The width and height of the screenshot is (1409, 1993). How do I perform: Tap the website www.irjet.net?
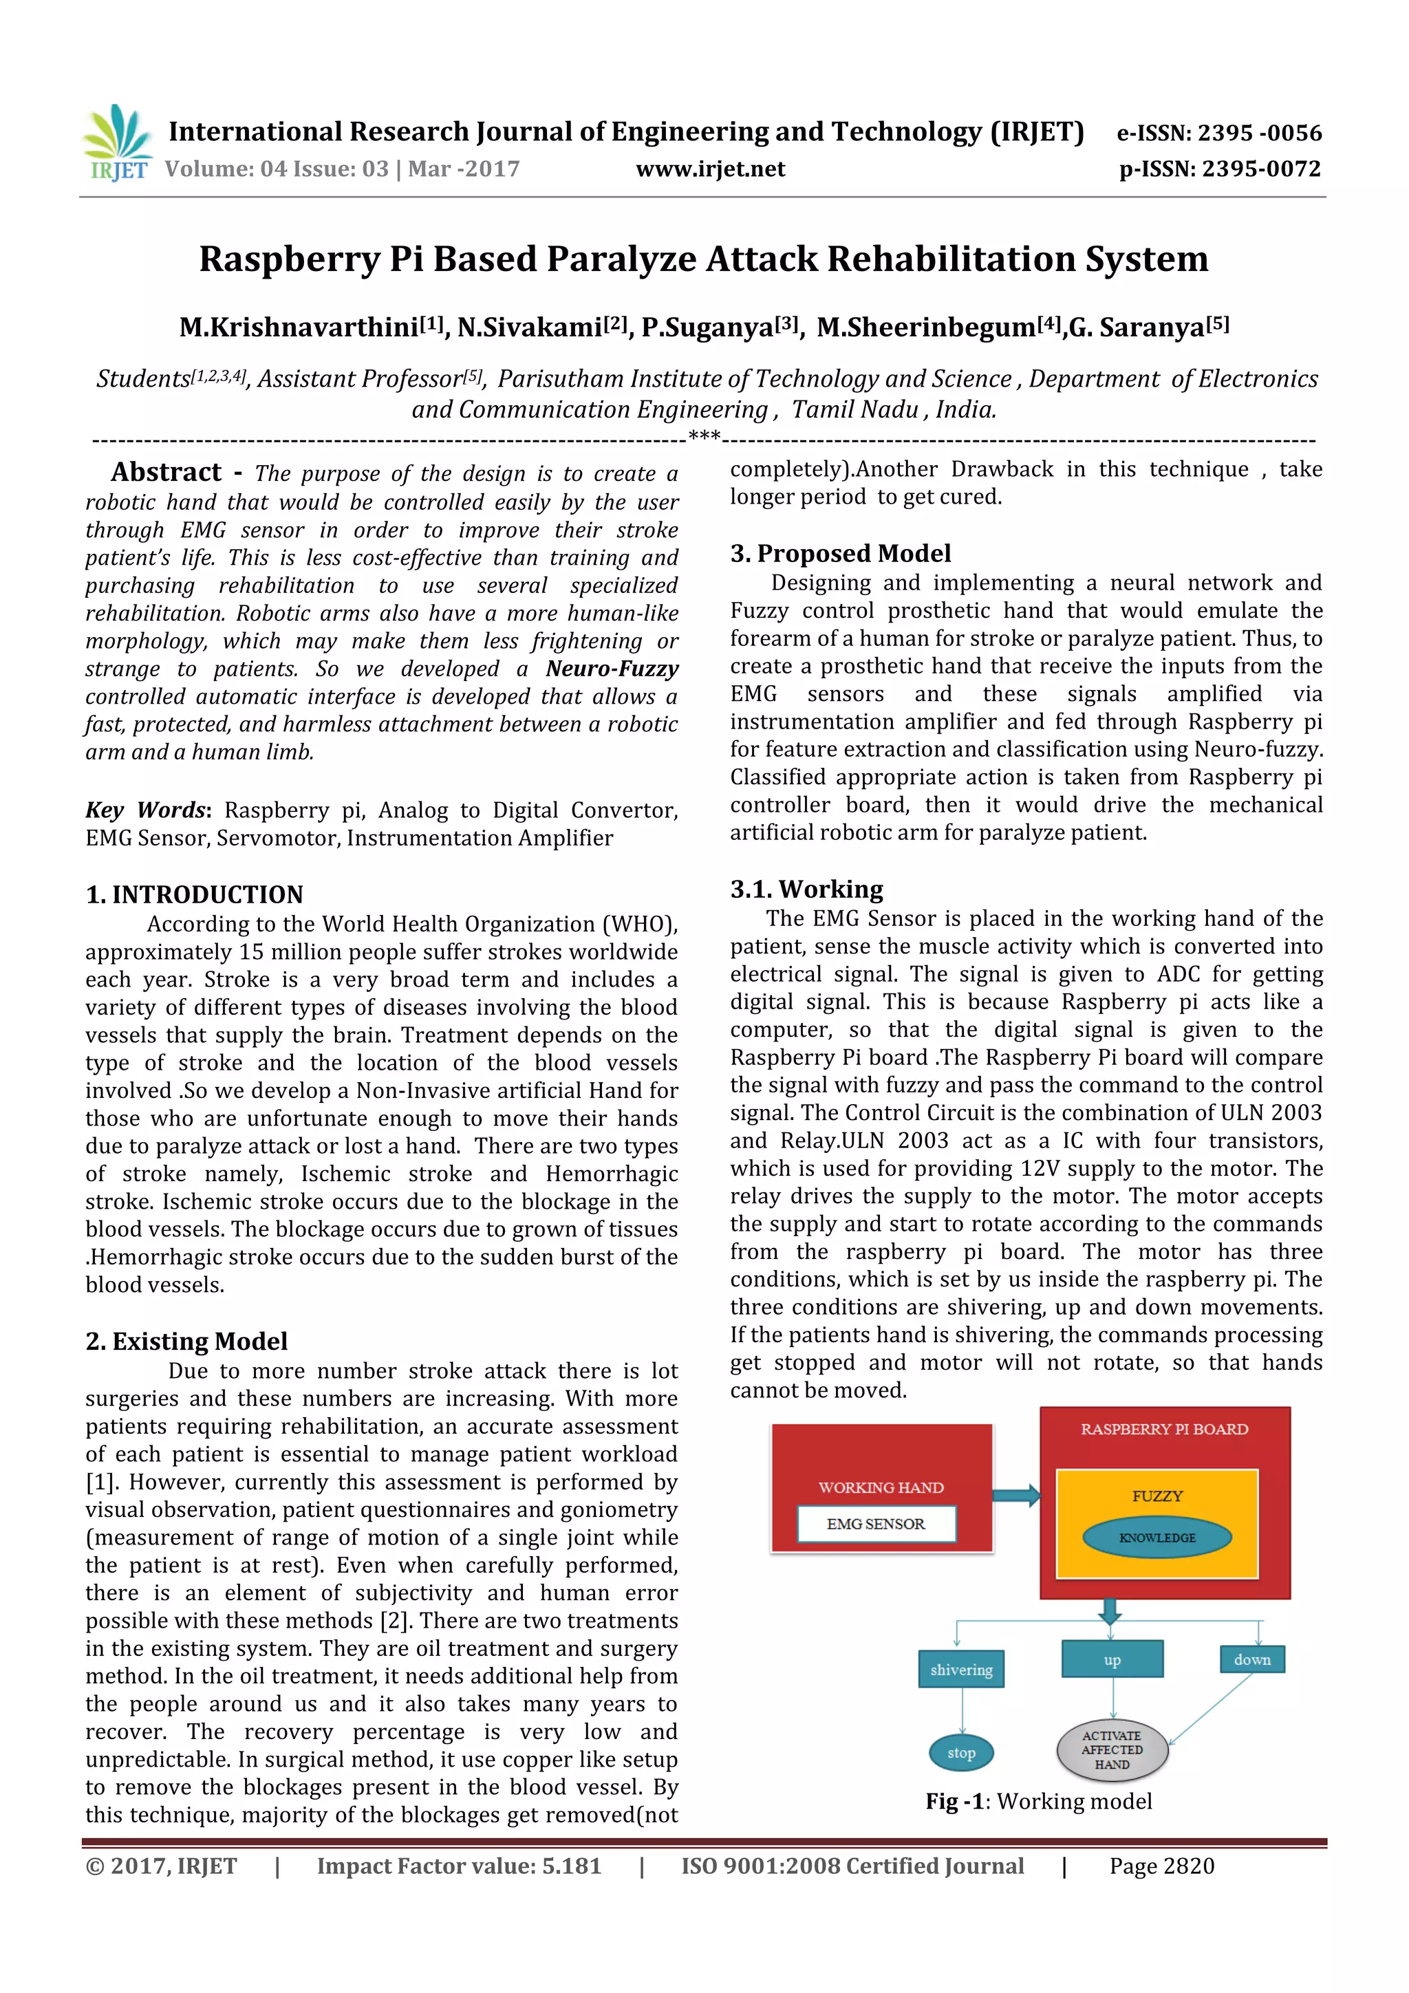[709, 169]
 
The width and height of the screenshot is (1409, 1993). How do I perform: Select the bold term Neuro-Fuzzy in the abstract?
[612, 669]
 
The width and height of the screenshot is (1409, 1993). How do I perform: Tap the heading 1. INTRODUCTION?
[195, 894]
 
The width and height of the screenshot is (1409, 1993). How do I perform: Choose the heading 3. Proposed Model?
[839, 553]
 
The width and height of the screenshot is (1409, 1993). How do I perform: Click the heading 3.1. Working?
[806, 889]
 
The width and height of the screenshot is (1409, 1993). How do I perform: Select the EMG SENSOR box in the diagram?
[876, 1523]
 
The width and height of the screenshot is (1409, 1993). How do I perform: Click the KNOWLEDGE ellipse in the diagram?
[1157, 1538]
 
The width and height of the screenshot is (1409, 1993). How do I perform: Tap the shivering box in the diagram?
[961, 1669]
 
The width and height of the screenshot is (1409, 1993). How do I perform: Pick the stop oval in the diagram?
[961, 1752]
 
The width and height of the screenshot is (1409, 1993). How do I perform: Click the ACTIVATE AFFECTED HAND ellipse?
[1111, 1750]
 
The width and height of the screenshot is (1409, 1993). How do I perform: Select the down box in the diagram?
[1252, 1659]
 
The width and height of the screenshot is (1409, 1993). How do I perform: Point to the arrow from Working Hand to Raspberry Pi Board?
[1015, 1495]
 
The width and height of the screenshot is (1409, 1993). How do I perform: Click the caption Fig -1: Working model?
[1038, 1801]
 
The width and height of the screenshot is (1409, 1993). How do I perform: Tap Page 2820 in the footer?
[1161, 1866]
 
